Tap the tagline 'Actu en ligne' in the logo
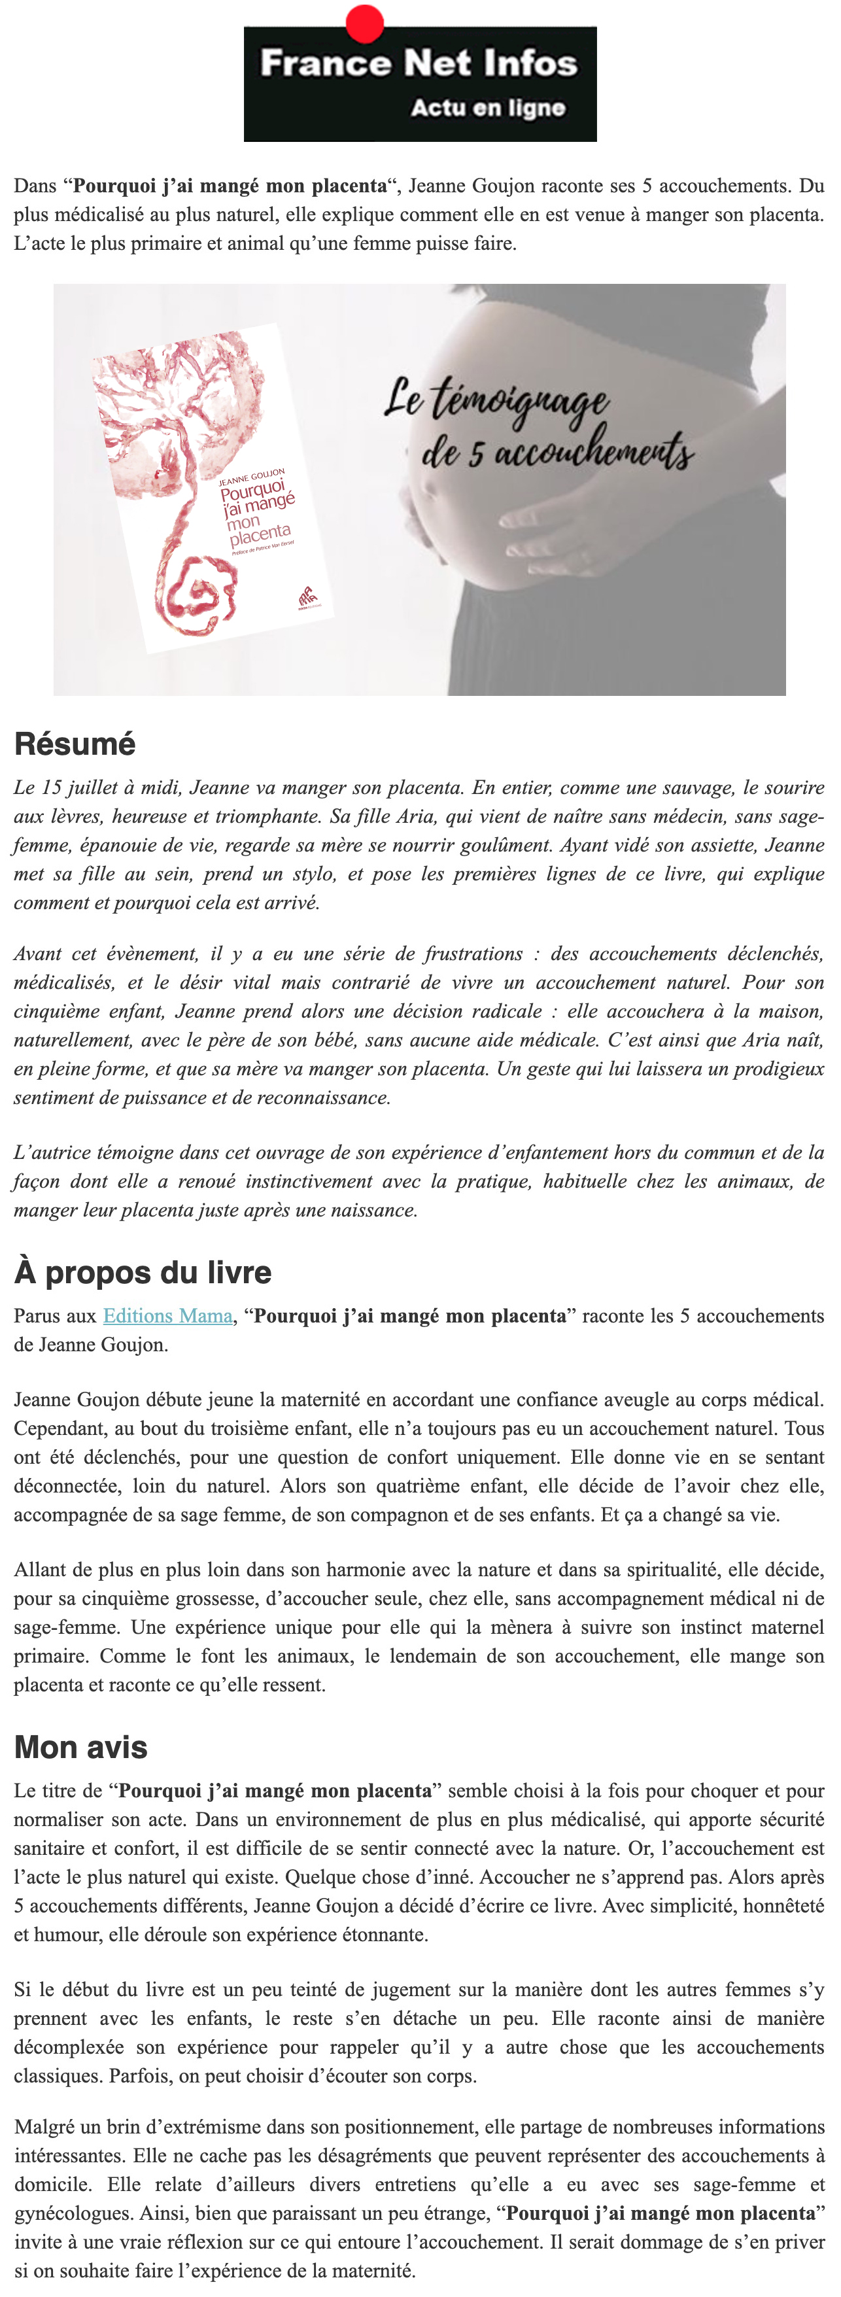point(488,108)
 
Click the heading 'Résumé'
point(75,744)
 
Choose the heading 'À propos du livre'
point(143,1273)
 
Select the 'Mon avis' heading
point(80,1747)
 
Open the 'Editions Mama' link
point(167,1316)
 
